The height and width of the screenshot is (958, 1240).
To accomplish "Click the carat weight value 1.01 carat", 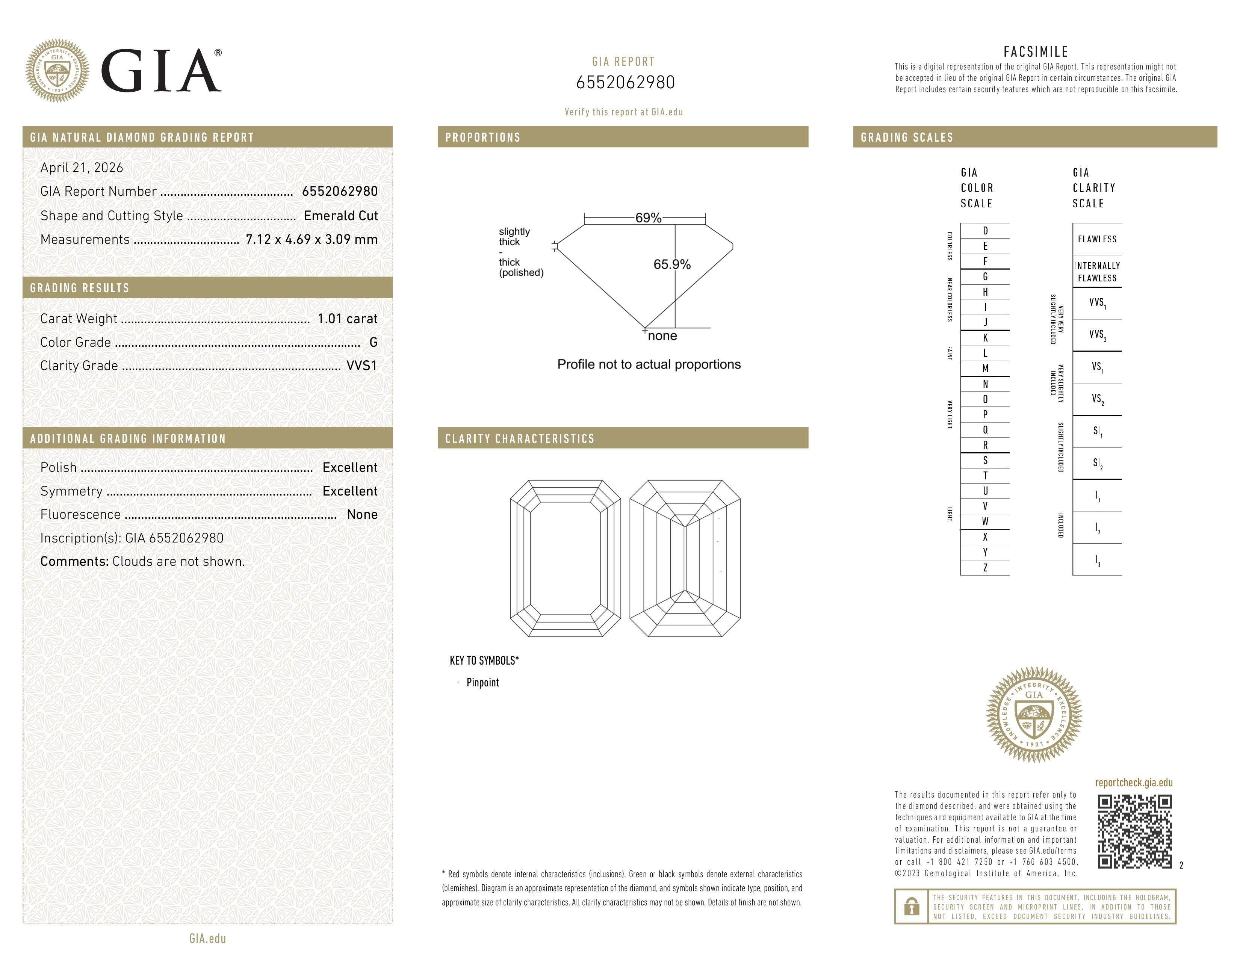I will (x=347, y=319).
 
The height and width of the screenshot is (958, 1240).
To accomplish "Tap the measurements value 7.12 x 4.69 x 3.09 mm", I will (x=311, y=240).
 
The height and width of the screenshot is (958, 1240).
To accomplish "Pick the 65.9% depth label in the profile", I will (x=672, y=264).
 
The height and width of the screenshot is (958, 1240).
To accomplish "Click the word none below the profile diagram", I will (x=662, y=336).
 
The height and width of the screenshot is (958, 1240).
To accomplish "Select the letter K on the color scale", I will (x=985, y=338).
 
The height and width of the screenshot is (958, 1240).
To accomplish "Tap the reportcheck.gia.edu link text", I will (x=1134, y=783).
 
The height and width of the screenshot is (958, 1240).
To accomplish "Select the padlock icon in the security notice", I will (x=911, y=907).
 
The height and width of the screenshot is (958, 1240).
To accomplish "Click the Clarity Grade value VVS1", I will (x=361, y=366).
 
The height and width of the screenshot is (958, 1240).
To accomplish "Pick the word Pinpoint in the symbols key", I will (x=482, y=682).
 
